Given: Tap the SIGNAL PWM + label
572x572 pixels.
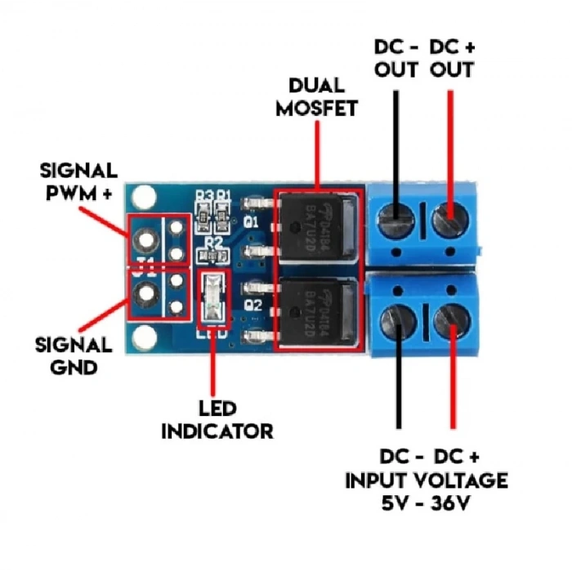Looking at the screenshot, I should click(79, 181).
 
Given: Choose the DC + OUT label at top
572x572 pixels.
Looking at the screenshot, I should click(451, 58).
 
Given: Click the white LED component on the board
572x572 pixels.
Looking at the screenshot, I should click(212, 299).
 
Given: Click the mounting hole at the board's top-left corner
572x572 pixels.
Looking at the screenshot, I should click(145, 197).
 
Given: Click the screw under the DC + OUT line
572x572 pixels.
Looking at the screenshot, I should click(449, 218).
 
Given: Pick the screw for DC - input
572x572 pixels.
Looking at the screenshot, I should click(400, 315).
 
